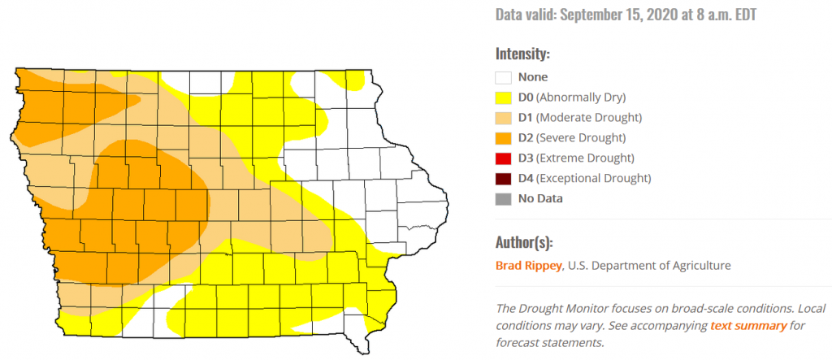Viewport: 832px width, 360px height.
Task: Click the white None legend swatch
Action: pos(504,77)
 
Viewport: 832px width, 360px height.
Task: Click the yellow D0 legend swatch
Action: pos(504,98)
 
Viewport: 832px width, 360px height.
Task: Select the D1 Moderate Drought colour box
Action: pos(504,118)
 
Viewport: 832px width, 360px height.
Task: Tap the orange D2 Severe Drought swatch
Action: pos(504,138)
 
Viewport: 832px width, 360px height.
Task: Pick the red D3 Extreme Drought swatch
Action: pos(504,158)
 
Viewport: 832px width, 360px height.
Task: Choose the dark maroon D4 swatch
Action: pos(504,178)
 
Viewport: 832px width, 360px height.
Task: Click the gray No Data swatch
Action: pos(504,198)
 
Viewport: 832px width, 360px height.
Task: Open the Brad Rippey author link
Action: pos(528,265)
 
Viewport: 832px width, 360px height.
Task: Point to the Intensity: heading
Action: pos(522,54)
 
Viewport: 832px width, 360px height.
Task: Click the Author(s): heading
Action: pos(526,242)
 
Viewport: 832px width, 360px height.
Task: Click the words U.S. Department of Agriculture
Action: pos(649,265)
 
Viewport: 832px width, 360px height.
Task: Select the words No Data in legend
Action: pos(540,198)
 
